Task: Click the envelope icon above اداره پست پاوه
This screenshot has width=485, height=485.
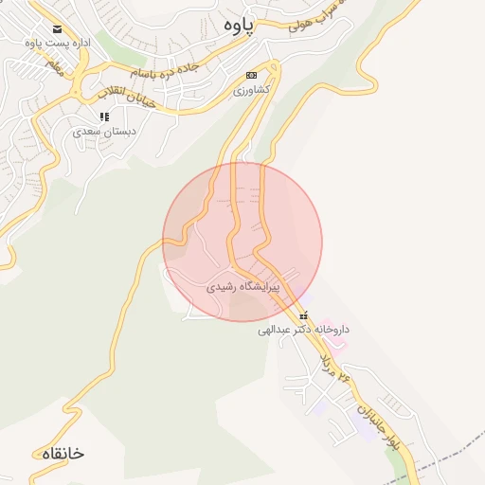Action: pyautogui.click(x=59, y=29)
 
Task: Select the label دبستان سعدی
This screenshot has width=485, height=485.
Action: pyautogui.click(x=104, y=132)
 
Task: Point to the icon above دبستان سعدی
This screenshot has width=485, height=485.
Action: pyautogui.click(x=104, y=117)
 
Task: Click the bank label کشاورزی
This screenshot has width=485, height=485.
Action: pyautogui.click(x=252, y=90)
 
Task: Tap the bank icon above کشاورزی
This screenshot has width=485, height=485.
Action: pyautogui.click(x=251, y=75)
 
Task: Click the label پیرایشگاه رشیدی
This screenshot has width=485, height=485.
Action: pyautogui.click(x=242, y=284)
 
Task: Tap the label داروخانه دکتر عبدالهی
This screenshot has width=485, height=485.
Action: pyautogui.click(x=303, y=331)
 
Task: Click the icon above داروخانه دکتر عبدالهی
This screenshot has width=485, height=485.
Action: pyautogui.click(x=303, y=315)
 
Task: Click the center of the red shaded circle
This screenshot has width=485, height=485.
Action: pyautogui.click(x=242, y=242)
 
